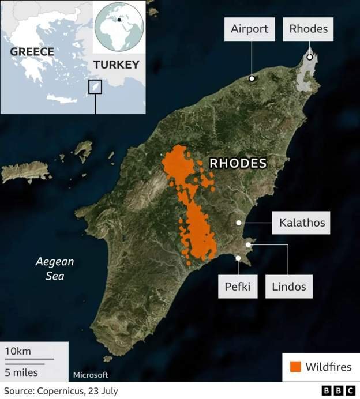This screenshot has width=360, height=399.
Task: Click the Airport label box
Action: (249, 29)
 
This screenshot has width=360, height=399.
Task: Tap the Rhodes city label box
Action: (308, 29)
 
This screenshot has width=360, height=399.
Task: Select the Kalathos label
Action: (302, 223)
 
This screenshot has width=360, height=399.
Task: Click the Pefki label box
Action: (238, 286)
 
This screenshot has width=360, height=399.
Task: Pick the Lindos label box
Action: (288, 286)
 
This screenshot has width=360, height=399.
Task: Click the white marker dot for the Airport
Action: (252, 78)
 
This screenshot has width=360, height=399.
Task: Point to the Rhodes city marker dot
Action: (310, 57)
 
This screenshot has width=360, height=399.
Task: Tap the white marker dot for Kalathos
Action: (238, 223)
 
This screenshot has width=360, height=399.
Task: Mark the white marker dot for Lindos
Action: (248, 245)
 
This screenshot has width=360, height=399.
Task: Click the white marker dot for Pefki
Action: (238, 258)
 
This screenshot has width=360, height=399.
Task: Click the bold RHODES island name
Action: (238, 163)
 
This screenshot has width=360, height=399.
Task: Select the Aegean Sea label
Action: (55, 269)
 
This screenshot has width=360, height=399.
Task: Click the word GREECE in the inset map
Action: (32, 52)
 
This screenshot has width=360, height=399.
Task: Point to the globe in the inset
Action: (119, 26)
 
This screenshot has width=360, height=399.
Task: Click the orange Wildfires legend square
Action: (295, 367)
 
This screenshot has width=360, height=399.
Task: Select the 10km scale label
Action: (18, 352)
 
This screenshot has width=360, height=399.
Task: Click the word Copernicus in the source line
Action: (61, 391)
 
